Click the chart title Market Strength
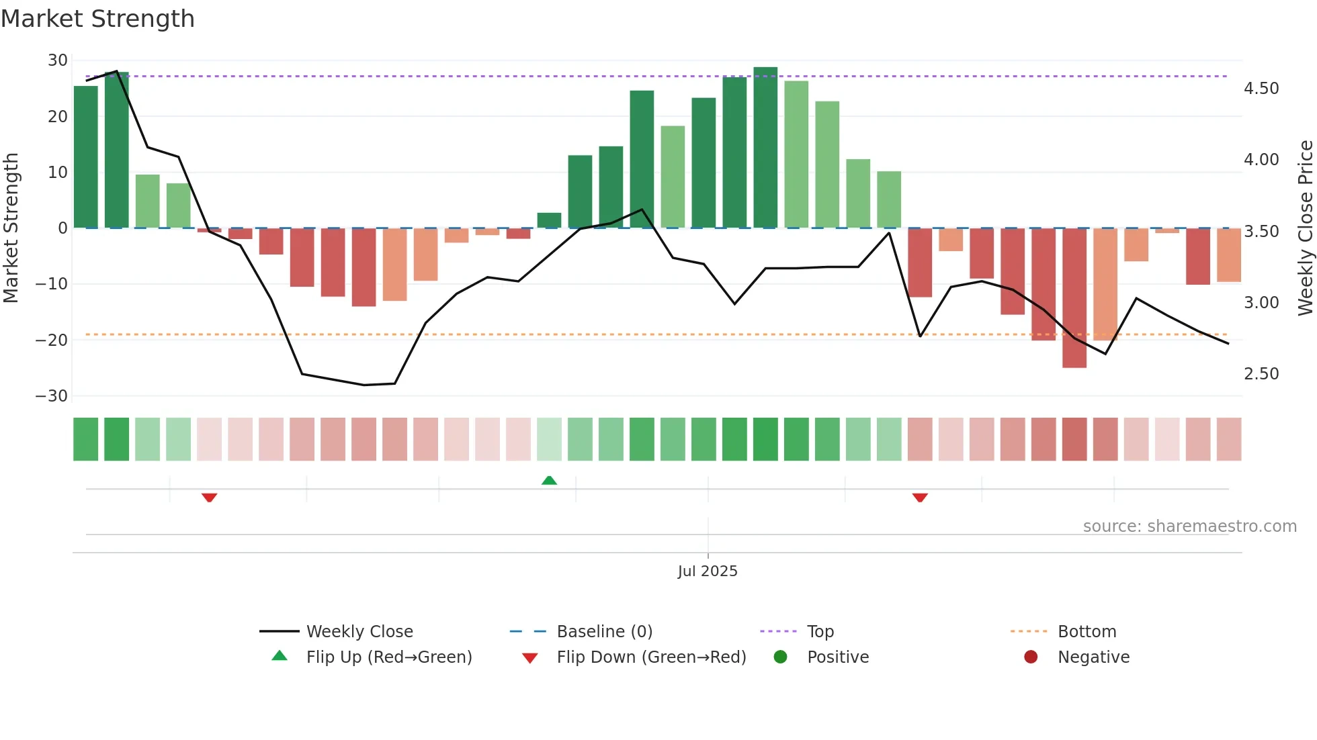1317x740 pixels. coord(97,19)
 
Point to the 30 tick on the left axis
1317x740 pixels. coord(58,60)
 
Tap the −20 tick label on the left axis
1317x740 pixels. coord(52,340)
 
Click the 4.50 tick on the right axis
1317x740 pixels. coord(1261,89)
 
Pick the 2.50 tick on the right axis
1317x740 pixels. coord(1261,374)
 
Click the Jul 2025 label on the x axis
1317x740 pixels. coord(708,571)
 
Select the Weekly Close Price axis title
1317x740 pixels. coord(1305,228)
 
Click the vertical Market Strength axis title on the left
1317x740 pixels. coord(11,228)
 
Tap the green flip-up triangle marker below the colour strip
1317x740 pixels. coord(549,480)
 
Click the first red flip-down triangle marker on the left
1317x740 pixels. coord(209,498)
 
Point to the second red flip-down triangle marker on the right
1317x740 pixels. coord(920,498)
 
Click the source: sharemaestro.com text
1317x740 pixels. coord(1189,526)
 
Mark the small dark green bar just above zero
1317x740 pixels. coord(549,220)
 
